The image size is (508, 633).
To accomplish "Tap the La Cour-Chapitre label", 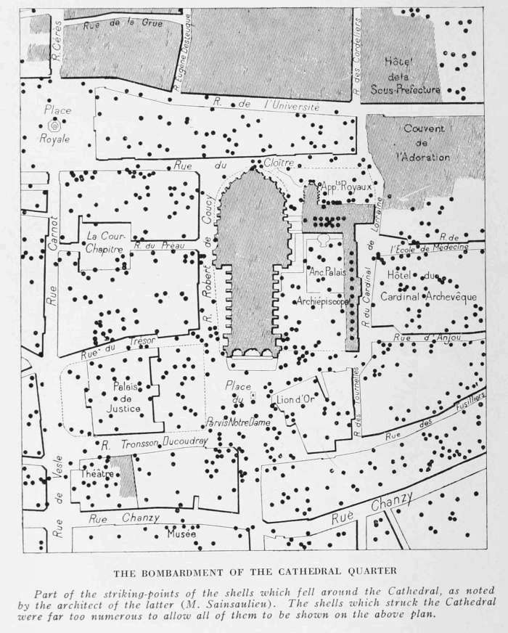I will coord(106,242).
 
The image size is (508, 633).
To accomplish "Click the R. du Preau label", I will coord(160,246).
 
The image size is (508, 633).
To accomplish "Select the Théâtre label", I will coord(99,474).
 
